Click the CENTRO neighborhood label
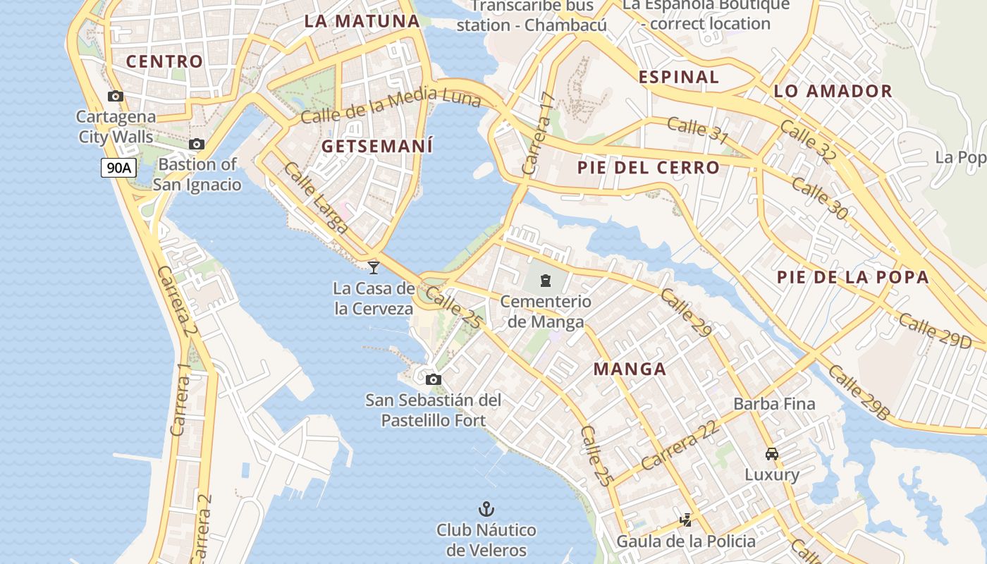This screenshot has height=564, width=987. click(x=164, y=61)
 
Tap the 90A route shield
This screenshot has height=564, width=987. click(x=118, y=168)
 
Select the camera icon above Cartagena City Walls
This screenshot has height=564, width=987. click(x=116, y=97)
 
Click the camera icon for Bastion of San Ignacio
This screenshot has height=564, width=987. click(x=197, y=145)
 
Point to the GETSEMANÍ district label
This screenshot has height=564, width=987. click(x=377, y=147)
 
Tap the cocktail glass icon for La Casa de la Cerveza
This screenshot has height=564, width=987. click(x=374, y=267)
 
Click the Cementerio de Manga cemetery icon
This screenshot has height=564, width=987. click(x=546, y=281)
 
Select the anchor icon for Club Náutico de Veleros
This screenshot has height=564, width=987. click(x=486, y=508)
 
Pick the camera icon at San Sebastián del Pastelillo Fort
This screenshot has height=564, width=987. click(x=434, y=380)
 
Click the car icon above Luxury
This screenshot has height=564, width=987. click(x=772, y=454)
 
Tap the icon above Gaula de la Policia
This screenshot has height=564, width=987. click(x=685, y=520)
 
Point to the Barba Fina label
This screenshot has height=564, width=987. click(x=774, y=404)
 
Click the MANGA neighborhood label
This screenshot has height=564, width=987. click(x=630, y=369)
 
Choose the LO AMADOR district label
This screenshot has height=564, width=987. click(x=833, y=91)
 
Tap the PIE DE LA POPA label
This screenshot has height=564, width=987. click(x=852, y=277)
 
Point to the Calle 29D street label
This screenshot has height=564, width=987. click(x=935, y=331)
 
